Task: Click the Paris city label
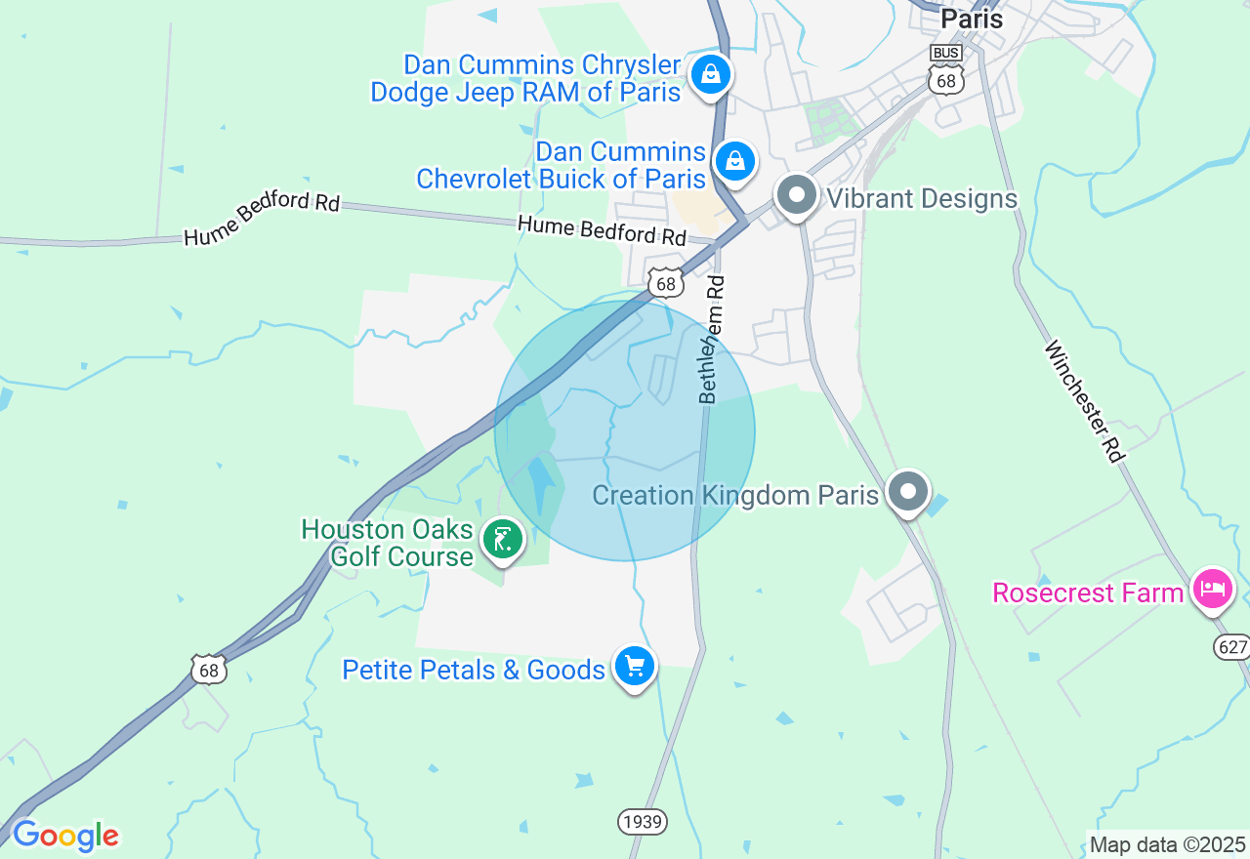tap(971, 18)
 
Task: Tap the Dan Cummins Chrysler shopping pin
tap(710, 74)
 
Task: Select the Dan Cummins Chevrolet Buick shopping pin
tap(734, 161)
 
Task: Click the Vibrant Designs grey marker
tap(797, 195)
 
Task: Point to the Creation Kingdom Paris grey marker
tap(909, 492)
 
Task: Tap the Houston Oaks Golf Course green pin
tap(503, 539)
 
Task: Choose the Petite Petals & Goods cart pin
tap(635, 667)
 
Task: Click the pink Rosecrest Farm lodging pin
tap(1212, 589)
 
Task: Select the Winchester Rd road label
tap(1084, 400)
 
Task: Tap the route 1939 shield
tap(642, 822)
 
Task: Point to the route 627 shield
tap(1232, 646)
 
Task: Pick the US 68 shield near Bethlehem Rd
tap(665, 283)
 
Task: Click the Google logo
tap(65, 837)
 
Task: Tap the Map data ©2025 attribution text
tap(1168, 845)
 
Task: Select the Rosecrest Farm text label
tap(1088, 593)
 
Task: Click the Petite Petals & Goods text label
tap(474, 670)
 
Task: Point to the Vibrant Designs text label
tap(922, 198)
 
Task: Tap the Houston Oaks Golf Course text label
tap(387, 543)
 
